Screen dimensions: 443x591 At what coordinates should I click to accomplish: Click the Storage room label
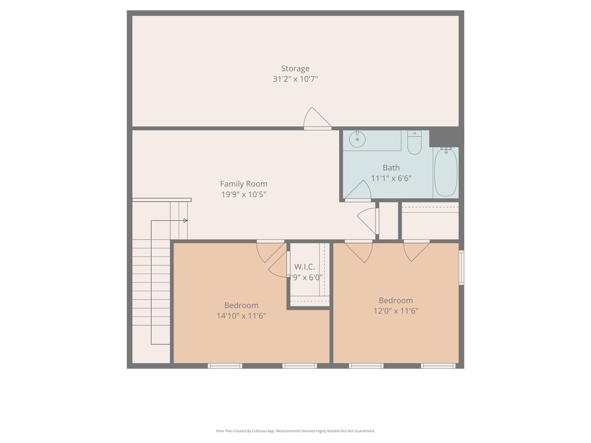tap(295, 69)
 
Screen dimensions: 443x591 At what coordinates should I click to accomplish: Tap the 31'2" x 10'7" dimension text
tap(295, 79)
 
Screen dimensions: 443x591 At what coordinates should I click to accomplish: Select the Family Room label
tap(244, 184)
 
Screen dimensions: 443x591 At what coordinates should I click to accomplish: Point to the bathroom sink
tap(357, 139)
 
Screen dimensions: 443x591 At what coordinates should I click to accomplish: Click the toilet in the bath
tap(414, 144)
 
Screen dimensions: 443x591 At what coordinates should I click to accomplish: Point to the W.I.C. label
tap(305, 267)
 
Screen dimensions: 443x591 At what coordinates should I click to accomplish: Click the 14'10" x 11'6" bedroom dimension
tap(241, 316)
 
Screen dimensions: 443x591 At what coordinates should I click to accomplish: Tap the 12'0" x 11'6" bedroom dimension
tap(396, 311)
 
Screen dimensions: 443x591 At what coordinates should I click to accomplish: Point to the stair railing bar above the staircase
tap(162, 200)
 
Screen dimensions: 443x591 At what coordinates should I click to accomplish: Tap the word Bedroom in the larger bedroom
tap(241, 305)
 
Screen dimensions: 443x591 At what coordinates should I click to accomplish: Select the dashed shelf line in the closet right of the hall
tap(430, 207)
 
